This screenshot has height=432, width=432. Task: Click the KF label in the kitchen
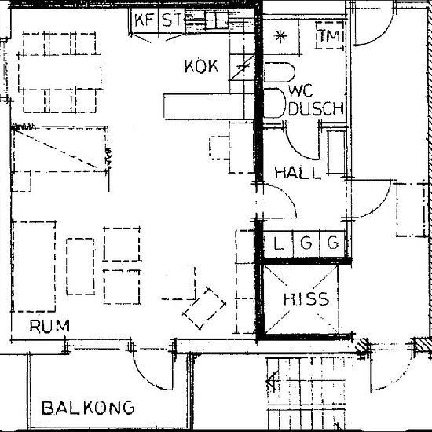pyautogui.click(x=144, y=20)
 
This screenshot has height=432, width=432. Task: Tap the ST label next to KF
pyautogui.click(x=171, y=20)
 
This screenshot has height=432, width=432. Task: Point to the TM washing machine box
pyautogui.click(x=330, y=35)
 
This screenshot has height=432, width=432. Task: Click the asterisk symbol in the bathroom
pyautogui.click(x=280, y=37)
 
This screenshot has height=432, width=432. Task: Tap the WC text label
pyautogui.click(x=302, y=90)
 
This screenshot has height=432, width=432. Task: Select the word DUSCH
pyautogui.click(x=317, y=108)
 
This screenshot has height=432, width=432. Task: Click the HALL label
pyautogui.click(x=298, y=173)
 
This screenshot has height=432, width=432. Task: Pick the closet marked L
pyautogui.click(x=279, y=243)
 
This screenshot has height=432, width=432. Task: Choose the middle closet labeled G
pyautogui.click(x=306, y=243)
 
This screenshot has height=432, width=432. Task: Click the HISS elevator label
pyautogui.click(x=306, y=299)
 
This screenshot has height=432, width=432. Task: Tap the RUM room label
pyautogui.click(x=49, y=327)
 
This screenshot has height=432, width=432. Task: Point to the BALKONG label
pyautogui.click(x=88, y=408)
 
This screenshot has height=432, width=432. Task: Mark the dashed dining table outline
pyautogui.click(x=60, y=72)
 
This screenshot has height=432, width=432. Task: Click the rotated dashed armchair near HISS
pyautogui.click(x=204, y=309)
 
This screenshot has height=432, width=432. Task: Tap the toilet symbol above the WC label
pyautogui.click(x=280, y=72)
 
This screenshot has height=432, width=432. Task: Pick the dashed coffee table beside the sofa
pyautogui.click(x=80, y=266)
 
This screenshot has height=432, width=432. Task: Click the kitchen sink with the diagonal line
pyautogui.click(x=242, y=67)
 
